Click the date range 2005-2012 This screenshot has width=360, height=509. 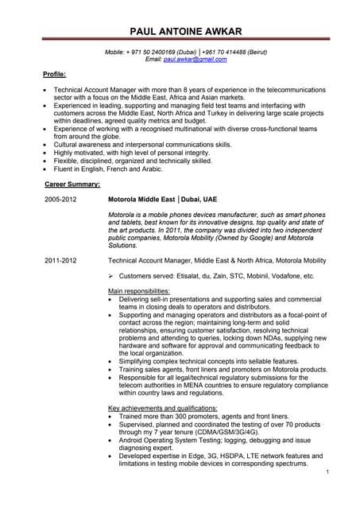60,198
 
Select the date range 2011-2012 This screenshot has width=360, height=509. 60,260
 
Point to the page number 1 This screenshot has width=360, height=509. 327,472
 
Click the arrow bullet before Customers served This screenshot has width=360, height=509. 112,276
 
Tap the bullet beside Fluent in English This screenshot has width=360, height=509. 46,169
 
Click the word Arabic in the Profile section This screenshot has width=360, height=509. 149,169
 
